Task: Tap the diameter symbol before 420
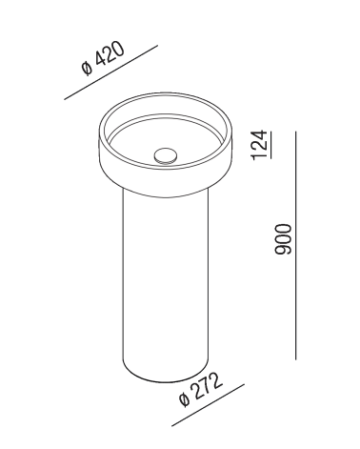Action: click(87, 69)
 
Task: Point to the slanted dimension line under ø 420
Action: click(110, 72)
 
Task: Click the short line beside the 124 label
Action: click(270, 145)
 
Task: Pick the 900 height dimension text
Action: click(283, 239)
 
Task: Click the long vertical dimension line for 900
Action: click(296, 245)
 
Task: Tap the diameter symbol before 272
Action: click(184, 399)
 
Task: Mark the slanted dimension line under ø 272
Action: click(208, 405)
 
